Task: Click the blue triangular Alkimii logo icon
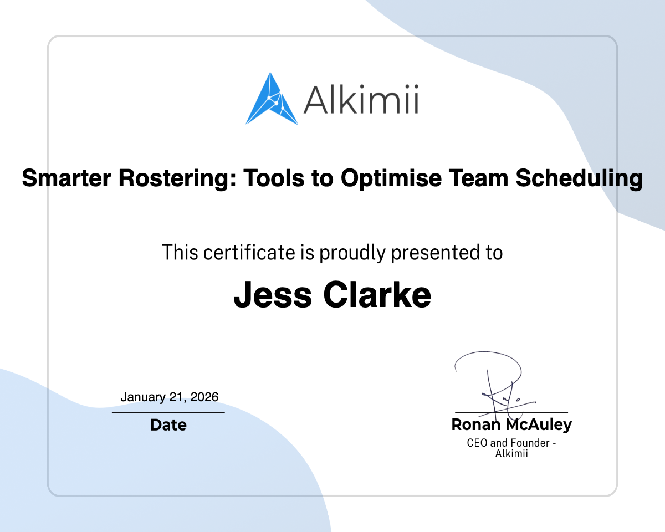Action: click(x=272, y=100)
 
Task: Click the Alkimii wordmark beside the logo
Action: click(x=360, y=100)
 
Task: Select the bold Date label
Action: click(x=168, y=425)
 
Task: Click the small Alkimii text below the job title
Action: click(x=511, y=453)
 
